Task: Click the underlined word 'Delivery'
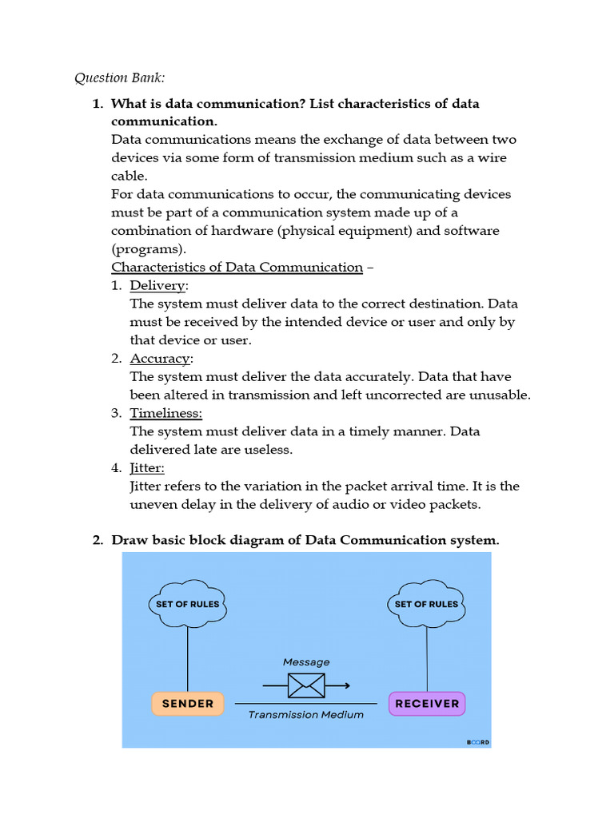[x=157, y=285]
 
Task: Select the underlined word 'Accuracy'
[x=160, y=359]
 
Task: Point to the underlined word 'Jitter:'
[x=147, y=467]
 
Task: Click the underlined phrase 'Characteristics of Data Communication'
[x=237, y=267]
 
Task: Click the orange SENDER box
[x=188, y=704]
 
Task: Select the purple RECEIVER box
[x=427, y=704]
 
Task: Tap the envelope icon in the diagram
[x=306, y=685]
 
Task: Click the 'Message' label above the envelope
[x=306, y=662]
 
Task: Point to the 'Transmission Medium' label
[x=306, y=715]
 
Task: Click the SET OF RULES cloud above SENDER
[x=188, y=604]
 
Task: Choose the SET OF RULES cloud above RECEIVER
[x=427, y=604]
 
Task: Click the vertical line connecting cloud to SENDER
[x=188, y=659]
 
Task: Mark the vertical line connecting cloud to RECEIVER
[x=427, y=659]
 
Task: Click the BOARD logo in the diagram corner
[x=478, y=742]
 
